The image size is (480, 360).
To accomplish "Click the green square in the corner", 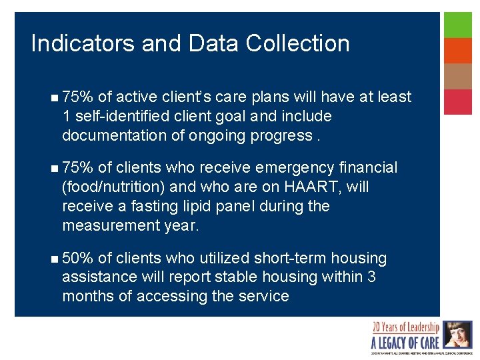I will pos(458,25).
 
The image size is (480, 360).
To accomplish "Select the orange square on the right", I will pos(458,51).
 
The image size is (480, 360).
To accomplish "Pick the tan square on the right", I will pos(458,76).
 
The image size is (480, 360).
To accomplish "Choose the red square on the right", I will pos(458,102).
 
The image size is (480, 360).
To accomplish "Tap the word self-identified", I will pos(123,116).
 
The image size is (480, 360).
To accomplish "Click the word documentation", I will pos(115,135).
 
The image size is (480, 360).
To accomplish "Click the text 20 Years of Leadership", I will pos(405,328).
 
